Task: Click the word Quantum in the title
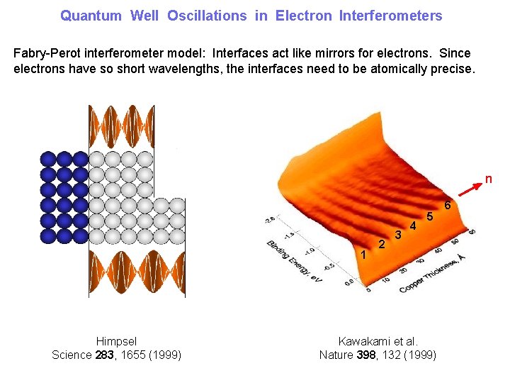91,16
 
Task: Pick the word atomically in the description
361,69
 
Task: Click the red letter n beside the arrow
488,179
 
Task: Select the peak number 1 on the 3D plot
363,255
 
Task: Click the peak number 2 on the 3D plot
382,245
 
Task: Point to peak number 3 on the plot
398,235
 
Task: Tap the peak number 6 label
447,206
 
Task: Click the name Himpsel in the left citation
116,341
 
